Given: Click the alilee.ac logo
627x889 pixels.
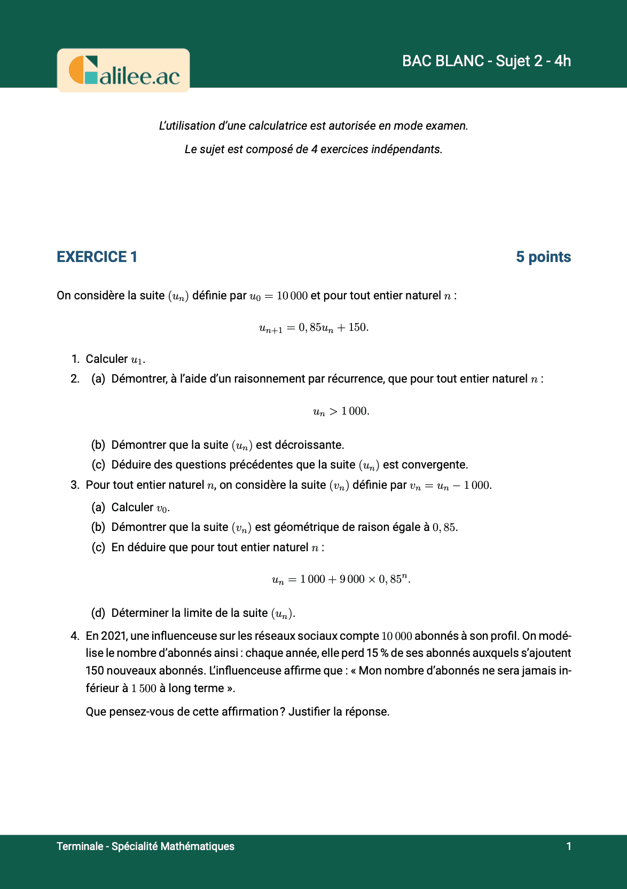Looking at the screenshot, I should click(x=123, y=70).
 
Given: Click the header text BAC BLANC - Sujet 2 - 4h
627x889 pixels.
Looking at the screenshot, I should click(x=486, y=61).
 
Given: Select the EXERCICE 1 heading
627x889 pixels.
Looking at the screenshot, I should click(x=97, y=257).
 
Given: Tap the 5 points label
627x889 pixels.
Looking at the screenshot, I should click(x=543, y=257).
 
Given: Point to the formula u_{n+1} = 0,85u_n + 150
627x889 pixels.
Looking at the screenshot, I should click(x=313, y=328).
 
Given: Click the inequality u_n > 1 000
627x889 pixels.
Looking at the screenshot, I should click(x=341, y=411).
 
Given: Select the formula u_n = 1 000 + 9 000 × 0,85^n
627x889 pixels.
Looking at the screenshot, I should click(x=341, y=580).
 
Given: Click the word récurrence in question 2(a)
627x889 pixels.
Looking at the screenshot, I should click(x=356, y=379).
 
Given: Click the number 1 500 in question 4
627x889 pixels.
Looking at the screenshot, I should click(x=144, y=688).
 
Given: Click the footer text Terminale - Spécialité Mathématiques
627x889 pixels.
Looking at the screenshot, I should click(x=145, y=846).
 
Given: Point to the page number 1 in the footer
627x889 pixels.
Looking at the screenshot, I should click(x=569, y=846).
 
